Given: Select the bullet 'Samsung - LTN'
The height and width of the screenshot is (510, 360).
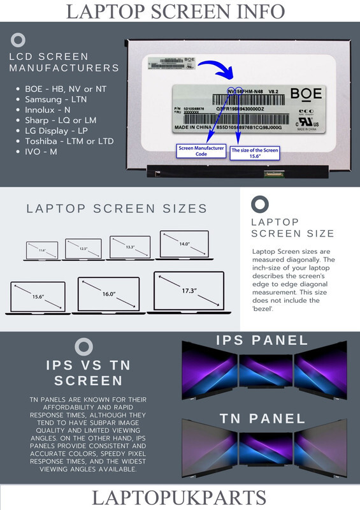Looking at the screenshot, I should (56, 100).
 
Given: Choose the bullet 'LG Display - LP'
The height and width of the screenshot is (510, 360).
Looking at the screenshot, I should (61, 131).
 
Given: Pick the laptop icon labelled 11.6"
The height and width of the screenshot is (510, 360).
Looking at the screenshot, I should (42, 251).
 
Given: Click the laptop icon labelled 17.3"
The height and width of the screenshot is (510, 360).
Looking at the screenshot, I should (188, 292).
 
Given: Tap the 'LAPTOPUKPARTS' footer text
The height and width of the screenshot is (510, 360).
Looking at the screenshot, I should (180, 497).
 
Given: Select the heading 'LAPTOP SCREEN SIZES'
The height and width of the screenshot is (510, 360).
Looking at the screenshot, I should (117, 208).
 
